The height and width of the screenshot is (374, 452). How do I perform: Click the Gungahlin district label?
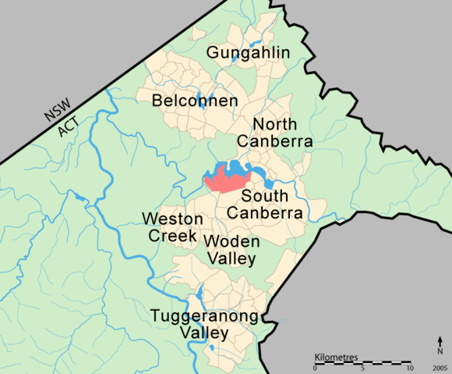[248, 53]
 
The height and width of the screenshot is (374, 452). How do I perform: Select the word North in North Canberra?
[275, 125]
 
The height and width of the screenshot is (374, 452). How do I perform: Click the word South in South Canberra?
[265, 195]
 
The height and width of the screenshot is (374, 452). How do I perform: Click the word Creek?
[168, 234]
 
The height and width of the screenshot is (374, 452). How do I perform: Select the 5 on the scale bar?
[363, 368]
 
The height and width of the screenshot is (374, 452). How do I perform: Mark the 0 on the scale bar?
[315, 368]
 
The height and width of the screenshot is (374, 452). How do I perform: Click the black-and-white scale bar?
[362, 362]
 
